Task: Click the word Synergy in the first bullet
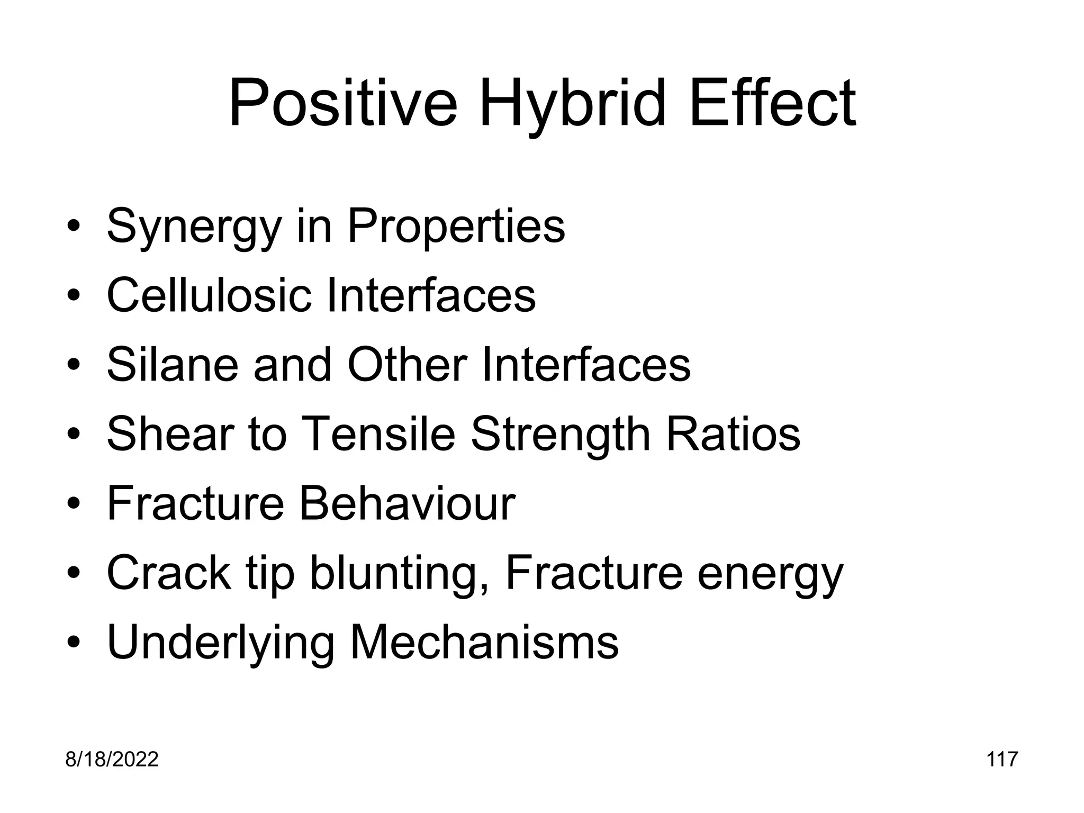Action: (194, 227)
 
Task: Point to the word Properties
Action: (456, 227)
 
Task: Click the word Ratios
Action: (733, 434)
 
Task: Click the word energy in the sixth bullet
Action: (770, 574)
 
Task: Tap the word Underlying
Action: (220, 643)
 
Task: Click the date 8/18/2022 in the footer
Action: (112, 760)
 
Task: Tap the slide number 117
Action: (1002, 760)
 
